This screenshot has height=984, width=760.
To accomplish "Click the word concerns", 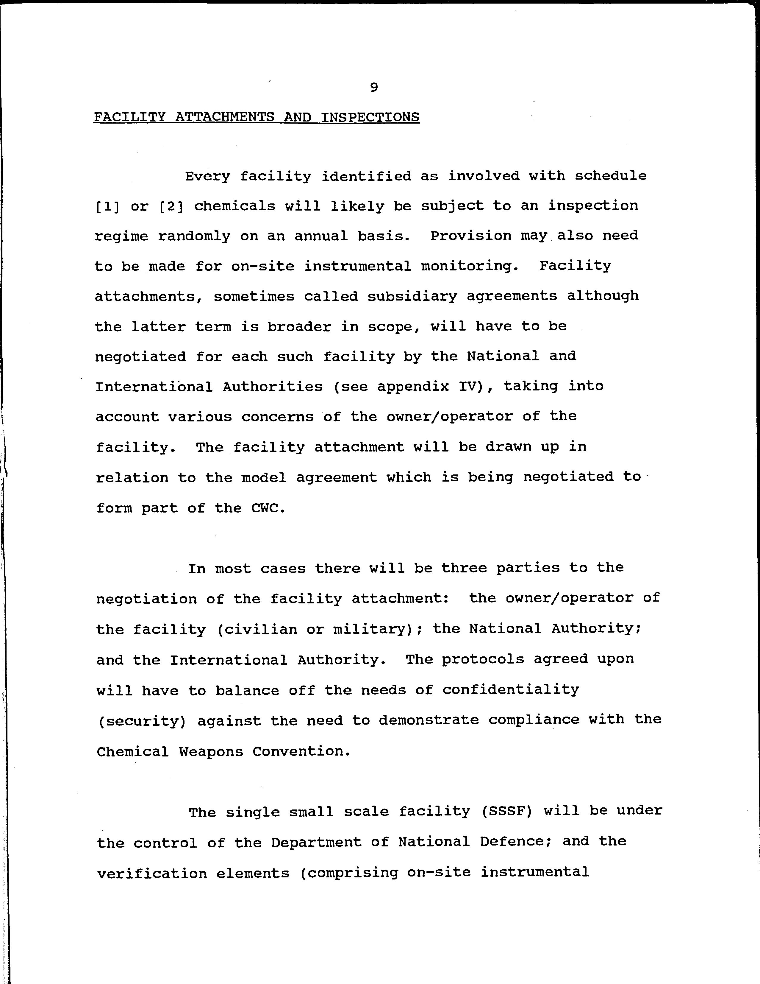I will tap(277, 417).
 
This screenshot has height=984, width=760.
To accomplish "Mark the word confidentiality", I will tap(511, 690).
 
